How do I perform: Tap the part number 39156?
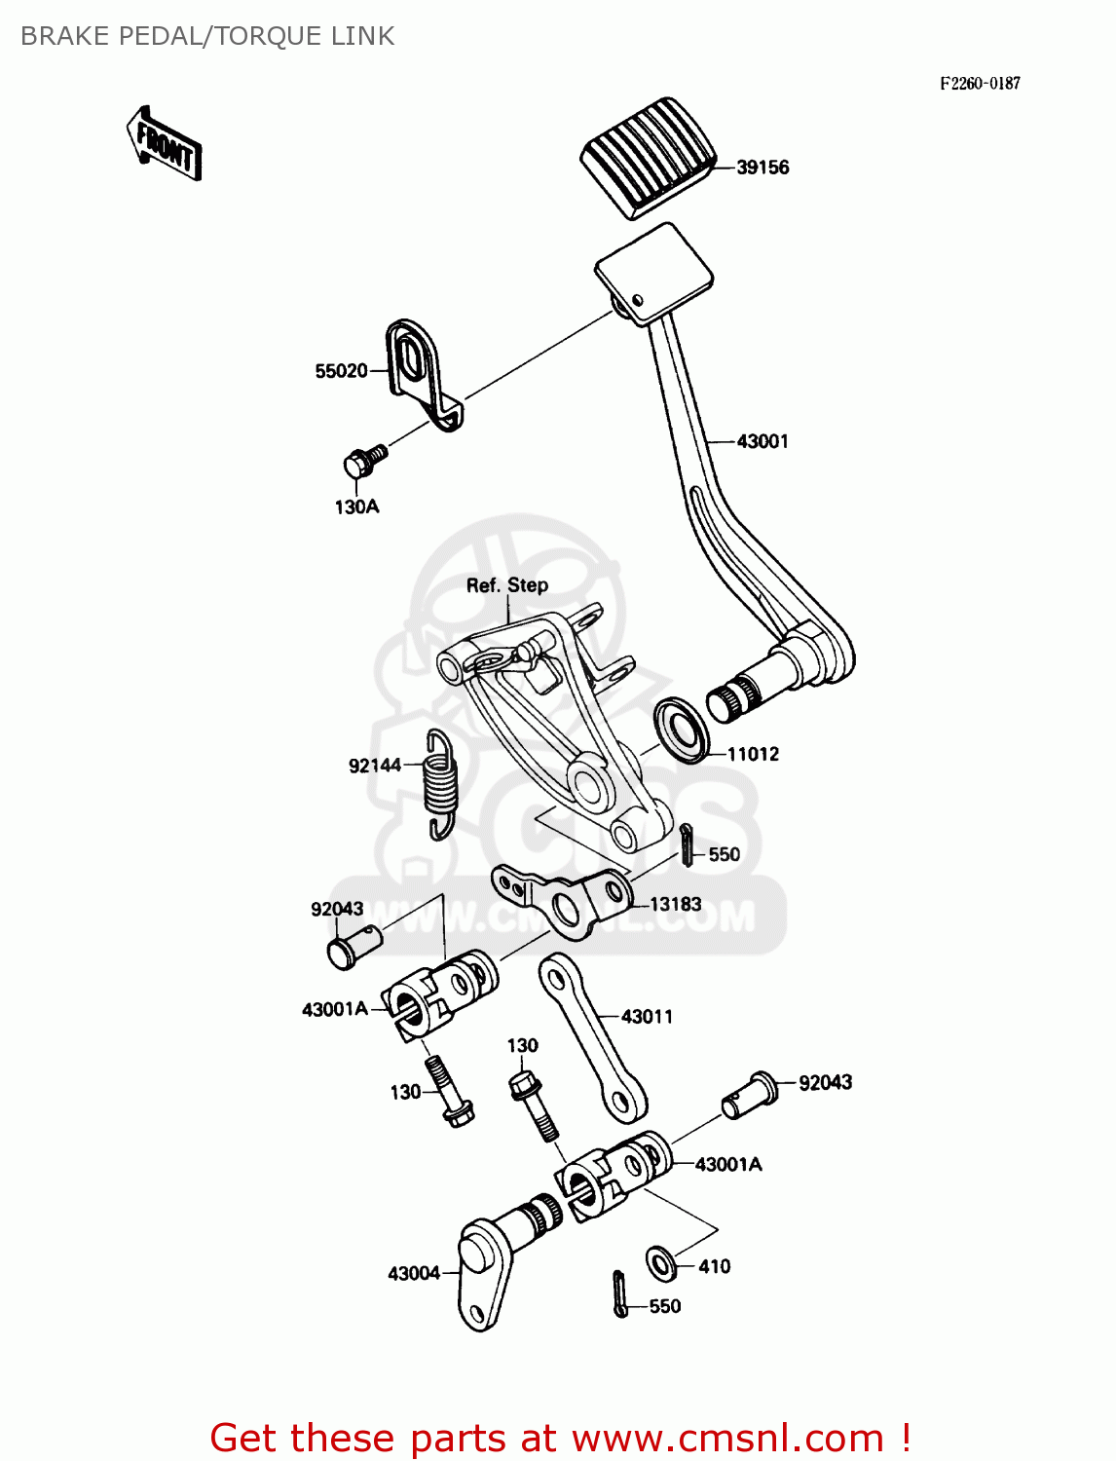coord(763,168)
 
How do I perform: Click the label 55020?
coord(341,371)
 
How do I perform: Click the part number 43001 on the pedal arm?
coord(763,441)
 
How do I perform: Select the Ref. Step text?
coord(506,585)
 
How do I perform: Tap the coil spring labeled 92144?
coord(440,784)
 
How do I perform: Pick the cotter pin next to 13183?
coord(688,843)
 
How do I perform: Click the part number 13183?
coord(675,904)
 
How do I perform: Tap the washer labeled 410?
coord(661,1263)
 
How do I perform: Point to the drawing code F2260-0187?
coord(980,84)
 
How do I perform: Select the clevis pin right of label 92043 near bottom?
coord(751,1095)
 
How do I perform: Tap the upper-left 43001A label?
coord(334,1010)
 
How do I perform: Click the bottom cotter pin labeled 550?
coord(620,1294)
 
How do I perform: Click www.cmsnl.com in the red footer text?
coord(727,1438)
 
